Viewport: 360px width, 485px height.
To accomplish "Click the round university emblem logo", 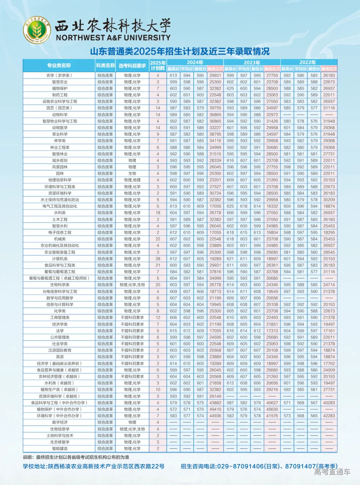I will [x=37, y=30].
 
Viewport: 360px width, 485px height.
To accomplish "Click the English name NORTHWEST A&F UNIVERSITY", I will [x=113, y=38].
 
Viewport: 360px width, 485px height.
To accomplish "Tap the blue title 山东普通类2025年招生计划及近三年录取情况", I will [x=180, y=51].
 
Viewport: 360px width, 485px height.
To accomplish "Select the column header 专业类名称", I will [x=59, y=65].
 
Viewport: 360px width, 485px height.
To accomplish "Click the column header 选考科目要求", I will [x=132, y=66].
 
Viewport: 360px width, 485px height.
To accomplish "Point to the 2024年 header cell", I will [x=195, y=62].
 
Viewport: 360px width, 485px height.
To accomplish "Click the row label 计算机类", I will [x=60, y=259].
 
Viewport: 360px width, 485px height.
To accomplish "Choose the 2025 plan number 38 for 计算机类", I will [x=158, y=259].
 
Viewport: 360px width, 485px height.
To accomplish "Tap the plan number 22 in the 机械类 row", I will [x=158, y=239].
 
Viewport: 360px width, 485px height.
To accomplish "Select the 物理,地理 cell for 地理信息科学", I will [x=132, y=180].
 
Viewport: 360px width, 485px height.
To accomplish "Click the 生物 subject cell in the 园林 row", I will [x=132, y=174].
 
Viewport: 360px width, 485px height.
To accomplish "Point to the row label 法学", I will [x=60, y=331].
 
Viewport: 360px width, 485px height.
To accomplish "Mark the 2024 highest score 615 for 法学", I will [x=173, y=331].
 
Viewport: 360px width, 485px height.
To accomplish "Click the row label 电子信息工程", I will [x=60, y=233].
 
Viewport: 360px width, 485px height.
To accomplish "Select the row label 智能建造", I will [x=60, y=449].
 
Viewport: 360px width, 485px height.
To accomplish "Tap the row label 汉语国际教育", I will [x=60, y=350].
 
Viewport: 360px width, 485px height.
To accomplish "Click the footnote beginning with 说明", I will [x=76, y=457].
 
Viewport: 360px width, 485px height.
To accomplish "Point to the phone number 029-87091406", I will [x=240, y=466].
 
